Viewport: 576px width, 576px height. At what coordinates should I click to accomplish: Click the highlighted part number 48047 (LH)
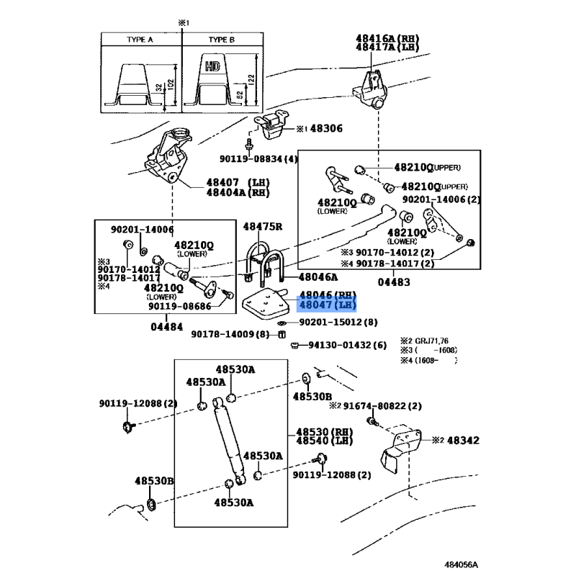(328, 305)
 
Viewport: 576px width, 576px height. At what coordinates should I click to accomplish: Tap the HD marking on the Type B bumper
(212, 66)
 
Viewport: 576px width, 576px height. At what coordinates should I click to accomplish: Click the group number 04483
(389, 282)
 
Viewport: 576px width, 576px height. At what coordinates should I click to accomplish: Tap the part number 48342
(460, 440)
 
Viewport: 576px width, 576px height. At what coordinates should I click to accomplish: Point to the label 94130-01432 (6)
(347, 346)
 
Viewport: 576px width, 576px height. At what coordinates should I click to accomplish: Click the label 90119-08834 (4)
(258, 158)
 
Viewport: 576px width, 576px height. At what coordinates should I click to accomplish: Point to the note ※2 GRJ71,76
(430, 341)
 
